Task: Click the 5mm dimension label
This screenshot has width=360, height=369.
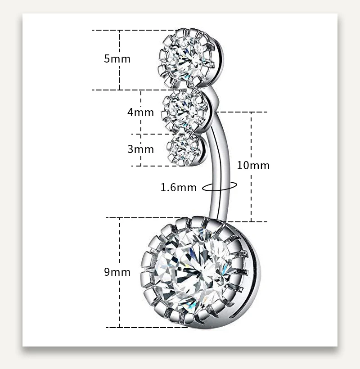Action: tap(117, 58)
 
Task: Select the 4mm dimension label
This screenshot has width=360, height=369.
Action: tap(140, 112)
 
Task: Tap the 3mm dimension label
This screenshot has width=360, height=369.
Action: tap(140, 149)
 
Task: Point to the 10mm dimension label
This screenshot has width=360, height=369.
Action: tap(253, 165)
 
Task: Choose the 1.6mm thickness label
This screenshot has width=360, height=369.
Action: tap(179, 187)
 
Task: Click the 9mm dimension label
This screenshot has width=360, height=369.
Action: tap(117, 272)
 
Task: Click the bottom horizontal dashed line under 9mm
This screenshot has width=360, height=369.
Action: tap(135, 327)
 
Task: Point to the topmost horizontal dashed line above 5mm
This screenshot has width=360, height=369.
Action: tap(130, 30)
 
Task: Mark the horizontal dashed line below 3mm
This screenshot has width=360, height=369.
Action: tap(153, 166)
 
